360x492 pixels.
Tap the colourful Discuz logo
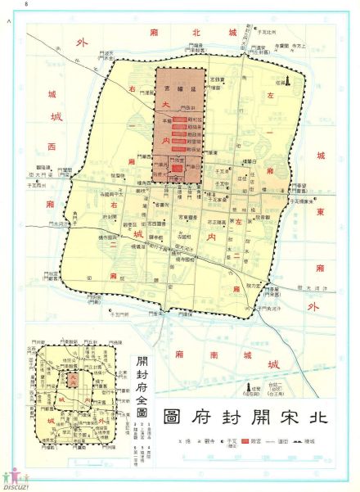tap(15, 477)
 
